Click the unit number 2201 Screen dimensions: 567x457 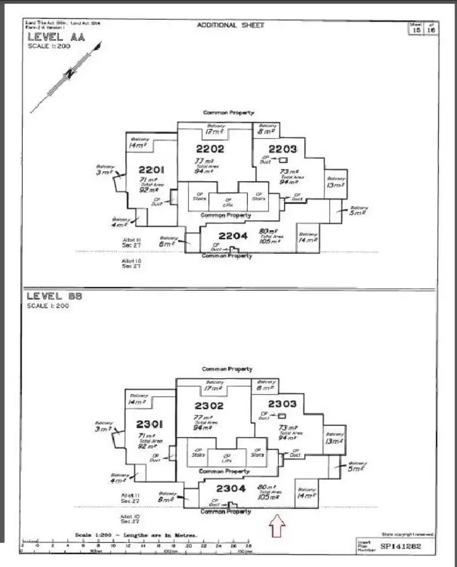coord(151,170)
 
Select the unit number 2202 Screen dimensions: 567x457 coord(210,149)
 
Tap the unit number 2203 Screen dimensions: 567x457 coord(283,149)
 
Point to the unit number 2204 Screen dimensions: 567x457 coord(232,235)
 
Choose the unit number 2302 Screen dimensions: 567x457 coord(209,406)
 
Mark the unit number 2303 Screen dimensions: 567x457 coord(282,404)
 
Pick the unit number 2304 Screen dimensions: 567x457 coord(231,489)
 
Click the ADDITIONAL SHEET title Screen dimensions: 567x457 coord(231,25)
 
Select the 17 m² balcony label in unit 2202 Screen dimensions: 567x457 coord(215,132)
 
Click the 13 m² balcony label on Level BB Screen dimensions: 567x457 coord(334,441)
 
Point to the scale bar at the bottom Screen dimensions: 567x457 coord(137,545)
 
